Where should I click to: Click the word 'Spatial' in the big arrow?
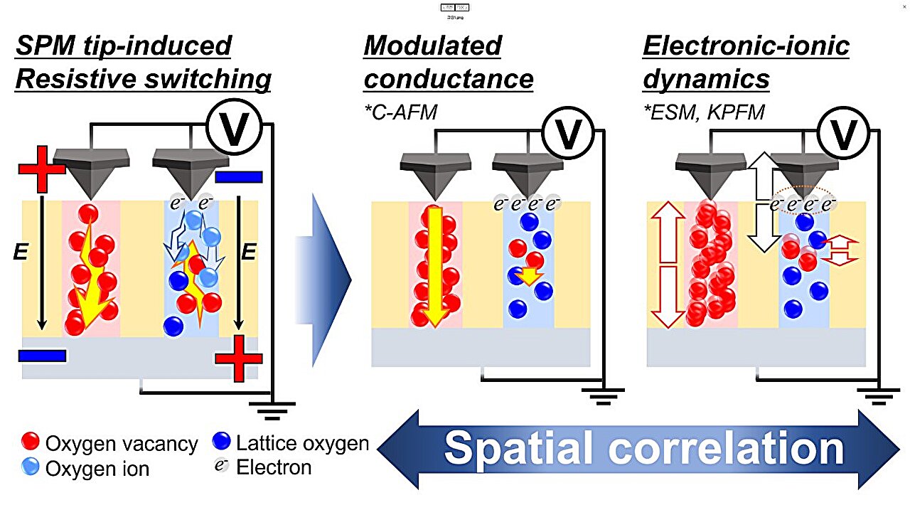[518, 448]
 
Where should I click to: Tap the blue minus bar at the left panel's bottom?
[42, 354]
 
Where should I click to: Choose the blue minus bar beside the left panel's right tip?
[238, 176]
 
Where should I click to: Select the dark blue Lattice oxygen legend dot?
[221, 443]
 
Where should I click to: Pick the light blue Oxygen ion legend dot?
[30, 468]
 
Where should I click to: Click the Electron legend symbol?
[221, 467]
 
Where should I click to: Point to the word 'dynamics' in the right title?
[706, 79]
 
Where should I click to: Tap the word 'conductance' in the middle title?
[449, 79]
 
